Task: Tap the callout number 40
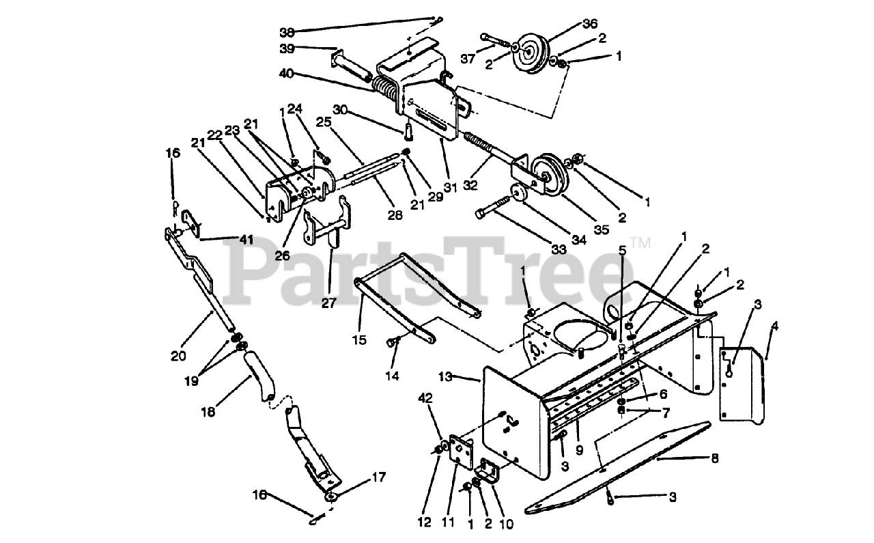[287, 73]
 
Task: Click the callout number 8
[714, 459]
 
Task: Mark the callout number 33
[559, 250]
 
